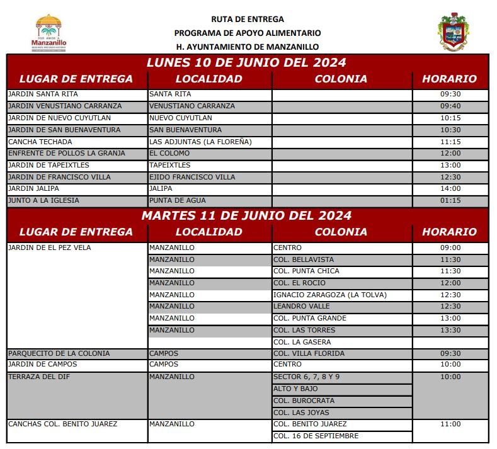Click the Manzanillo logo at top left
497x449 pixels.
coord(49,33)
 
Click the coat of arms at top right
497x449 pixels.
coord(452,32)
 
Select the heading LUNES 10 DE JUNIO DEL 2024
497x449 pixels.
coord(246,63)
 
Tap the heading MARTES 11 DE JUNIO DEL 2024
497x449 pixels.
coord(246,216)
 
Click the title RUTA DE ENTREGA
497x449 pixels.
coord(248,20)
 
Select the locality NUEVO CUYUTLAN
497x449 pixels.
coord(181,118)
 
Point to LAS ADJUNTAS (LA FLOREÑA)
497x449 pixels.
coord(200,142)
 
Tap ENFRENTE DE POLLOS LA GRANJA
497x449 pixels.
coord(66,153)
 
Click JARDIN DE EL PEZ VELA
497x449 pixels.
coord(49,248)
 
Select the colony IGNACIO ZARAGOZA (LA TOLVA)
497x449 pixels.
coord(330,295)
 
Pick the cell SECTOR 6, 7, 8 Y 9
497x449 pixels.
coord(306,377)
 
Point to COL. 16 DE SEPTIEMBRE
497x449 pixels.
coord(316,436)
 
